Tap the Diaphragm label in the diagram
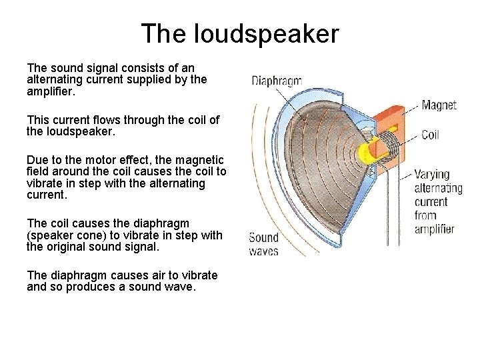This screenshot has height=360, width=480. (x=277, y=81)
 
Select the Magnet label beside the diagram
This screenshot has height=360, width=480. (x=439, y=105)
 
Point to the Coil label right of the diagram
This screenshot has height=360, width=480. (x=430, y=135)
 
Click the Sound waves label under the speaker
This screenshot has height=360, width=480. (x=263, y=244)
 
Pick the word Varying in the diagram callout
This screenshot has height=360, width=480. (x=432, y=174)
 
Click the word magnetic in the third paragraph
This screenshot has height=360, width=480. (x=200, y=160)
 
